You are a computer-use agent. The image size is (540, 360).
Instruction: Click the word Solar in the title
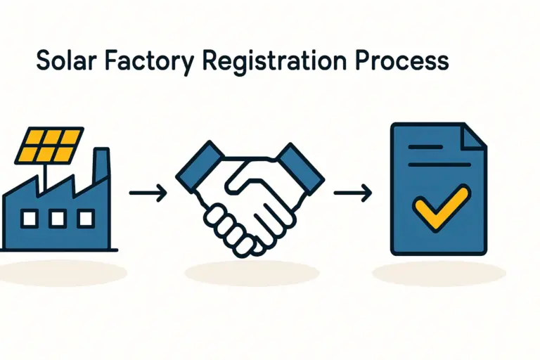64,61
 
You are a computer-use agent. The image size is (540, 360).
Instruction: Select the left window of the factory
30,219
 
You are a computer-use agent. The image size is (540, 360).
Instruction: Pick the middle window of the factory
58,219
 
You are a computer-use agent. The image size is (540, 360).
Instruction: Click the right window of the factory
85,219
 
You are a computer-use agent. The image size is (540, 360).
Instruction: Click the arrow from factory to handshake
148,192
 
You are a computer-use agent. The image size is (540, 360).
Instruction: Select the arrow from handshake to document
352,192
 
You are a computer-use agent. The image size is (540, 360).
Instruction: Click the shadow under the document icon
439,274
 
